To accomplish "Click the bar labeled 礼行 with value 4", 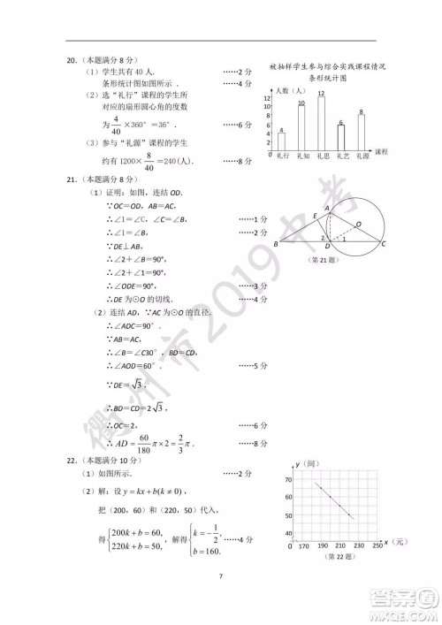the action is [281, 141].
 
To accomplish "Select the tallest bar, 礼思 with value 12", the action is [321, 123].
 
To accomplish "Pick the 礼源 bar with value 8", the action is [362, 132].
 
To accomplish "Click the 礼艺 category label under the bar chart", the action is [341, 156].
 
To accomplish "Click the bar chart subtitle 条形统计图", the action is [331, 78].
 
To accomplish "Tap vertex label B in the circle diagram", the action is [276, 244].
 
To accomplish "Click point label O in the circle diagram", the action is [357, 224].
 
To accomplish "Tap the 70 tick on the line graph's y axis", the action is [288, 478].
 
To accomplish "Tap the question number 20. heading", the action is [73, 61].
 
